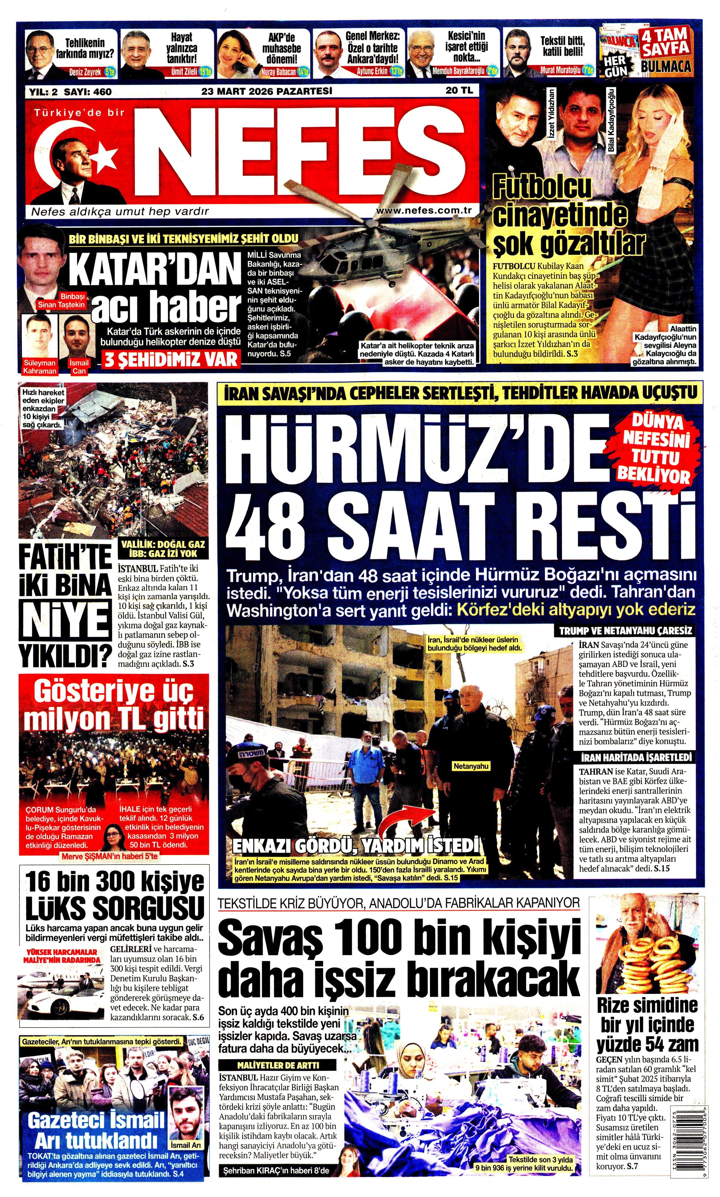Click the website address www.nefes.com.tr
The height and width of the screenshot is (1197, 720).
[424, 210]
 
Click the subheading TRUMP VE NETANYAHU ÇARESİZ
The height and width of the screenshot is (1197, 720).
[626, 631]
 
